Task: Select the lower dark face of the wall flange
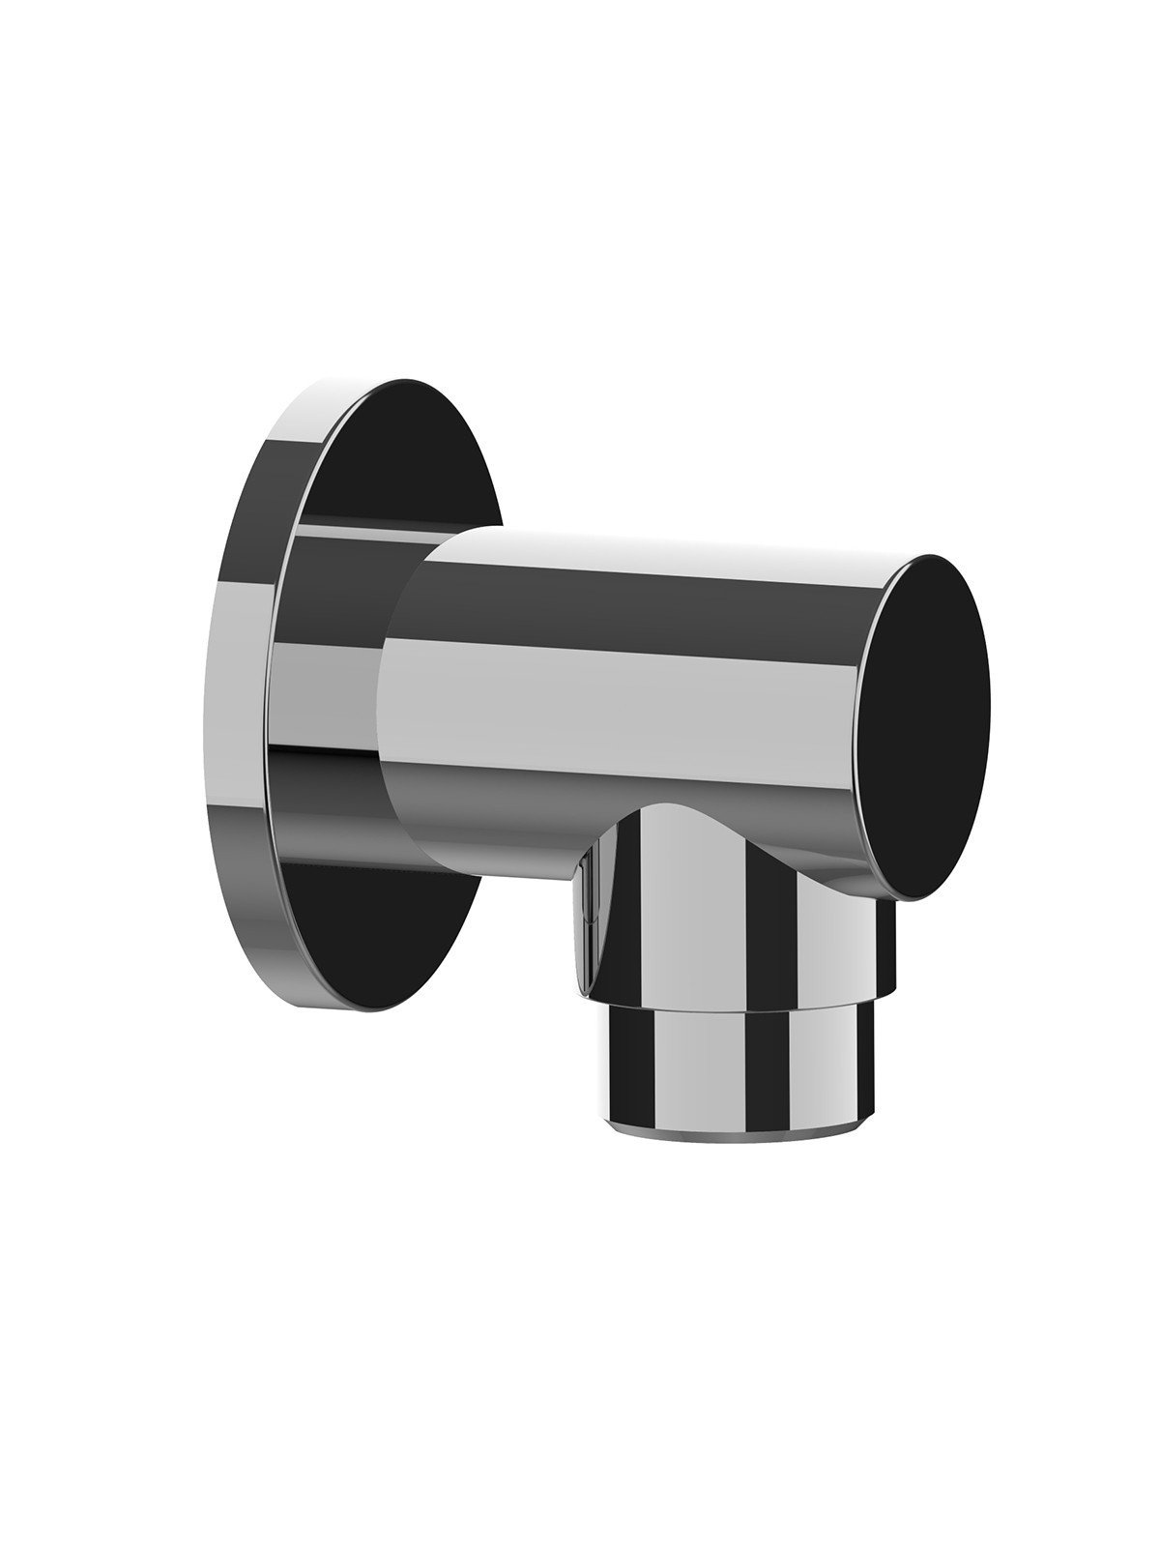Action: (387, 938)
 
